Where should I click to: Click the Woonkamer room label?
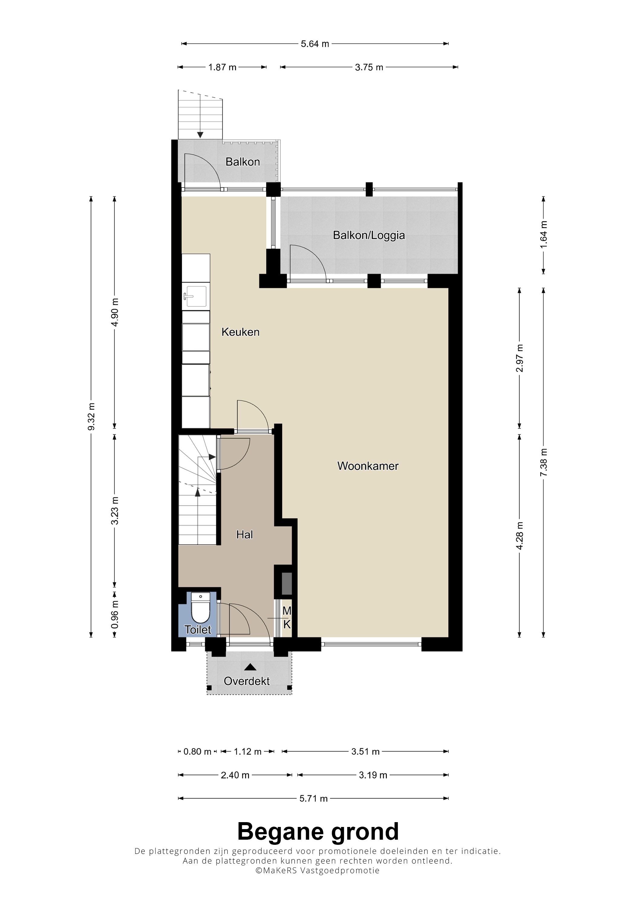pyautogui.click(x=368, y=466)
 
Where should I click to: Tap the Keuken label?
pyautogui.click(x=240, y=332)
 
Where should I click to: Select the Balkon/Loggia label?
pyautogui.click(x=369, y=235)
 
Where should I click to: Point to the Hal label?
pyautogui.click(x=245, y=534)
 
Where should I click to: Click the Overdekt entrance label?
pyautogui.click(x=246, y=681)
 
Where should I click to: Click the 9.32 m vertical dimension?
pyautogui.click(x=91, y=416)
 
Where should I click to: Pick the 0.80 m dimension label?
pyautogui.click(x=197, y=752)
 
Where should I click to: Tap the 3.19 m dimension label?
pyautogui.click(x=373, y=775)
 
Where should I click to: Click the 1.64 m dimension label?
pyautogui.click(x=543, y=234)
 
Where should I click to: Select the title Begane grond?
pyautogui.click(x=318, y=832)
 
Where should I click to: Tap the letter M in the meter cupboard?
pyautogui.click(x=287, y=611)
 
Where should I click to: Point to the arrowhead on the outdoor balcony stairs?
pyautogui.click(x=200, y=135)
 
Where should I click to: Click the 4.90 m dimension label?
pyautogui.click(x=115, y=313)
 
